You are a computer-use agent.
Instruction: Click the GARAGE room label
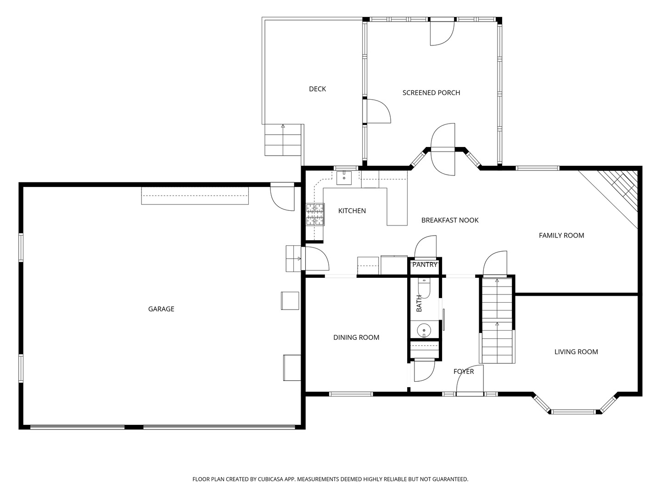(x=161, y=309)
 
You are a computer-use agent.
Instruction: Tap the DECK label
(x=317, y=89)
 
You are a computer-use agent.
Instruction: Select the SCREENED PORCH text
(x=431, y=93)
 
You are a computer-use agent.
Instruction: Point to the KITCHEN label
(x=352, y=211)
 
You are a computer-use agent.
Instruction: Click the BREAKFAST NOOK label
(x=450, y=220)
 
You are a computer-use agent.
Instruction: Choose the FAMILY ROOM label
(x=561, y=236)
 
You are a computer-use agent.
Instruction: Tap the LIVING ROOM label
(x=576, y=352)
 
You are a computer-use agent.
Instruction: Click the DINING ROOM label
(x=356, y=338)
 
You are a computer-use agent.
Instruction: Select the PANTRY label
(x=425, y=265)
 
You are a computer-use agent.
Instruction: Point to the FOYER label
(x=464, y=372)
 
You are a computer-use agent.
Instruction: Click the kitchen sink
(x=344, y=177)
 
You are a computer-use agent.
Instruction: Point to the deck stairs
(x=283, y=140)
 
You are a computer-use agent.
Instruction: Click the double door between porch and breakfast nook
(x=443, y=149)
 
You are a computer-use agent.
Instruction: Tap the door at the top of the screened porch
(x=442, y=33)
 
